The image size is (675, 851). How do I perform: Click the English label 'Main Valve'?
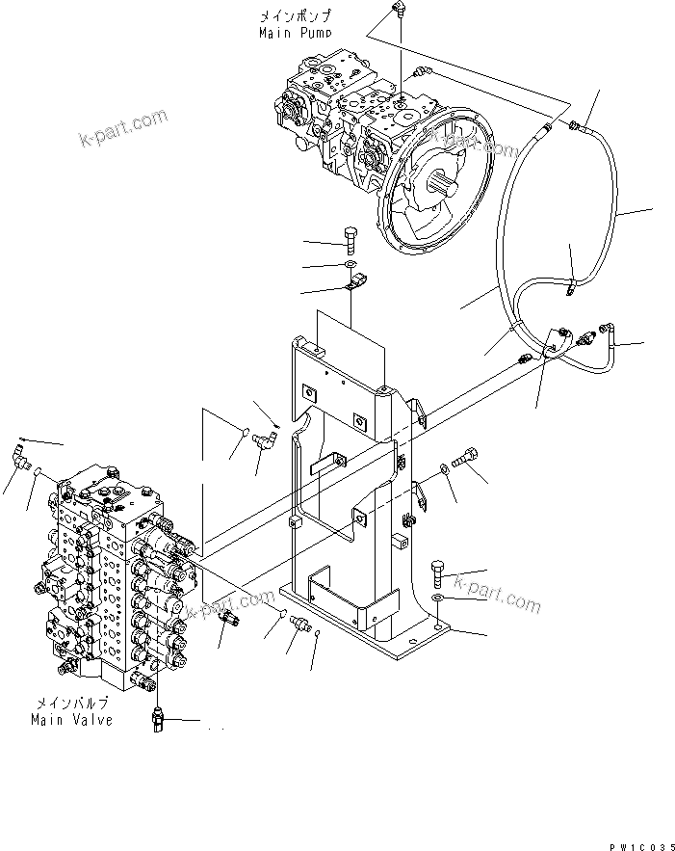71,719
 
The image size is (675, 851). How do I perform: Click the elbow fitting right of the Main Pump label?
398,11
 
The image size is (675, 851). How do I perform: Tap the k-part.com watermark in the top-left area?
122,136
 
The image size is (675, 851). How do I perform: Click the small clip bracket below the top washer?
355,283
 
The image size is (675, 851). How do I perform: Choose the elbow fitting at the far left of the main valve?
18,452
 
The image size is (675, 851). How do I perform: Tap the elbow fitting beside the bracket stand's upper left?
262,440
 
